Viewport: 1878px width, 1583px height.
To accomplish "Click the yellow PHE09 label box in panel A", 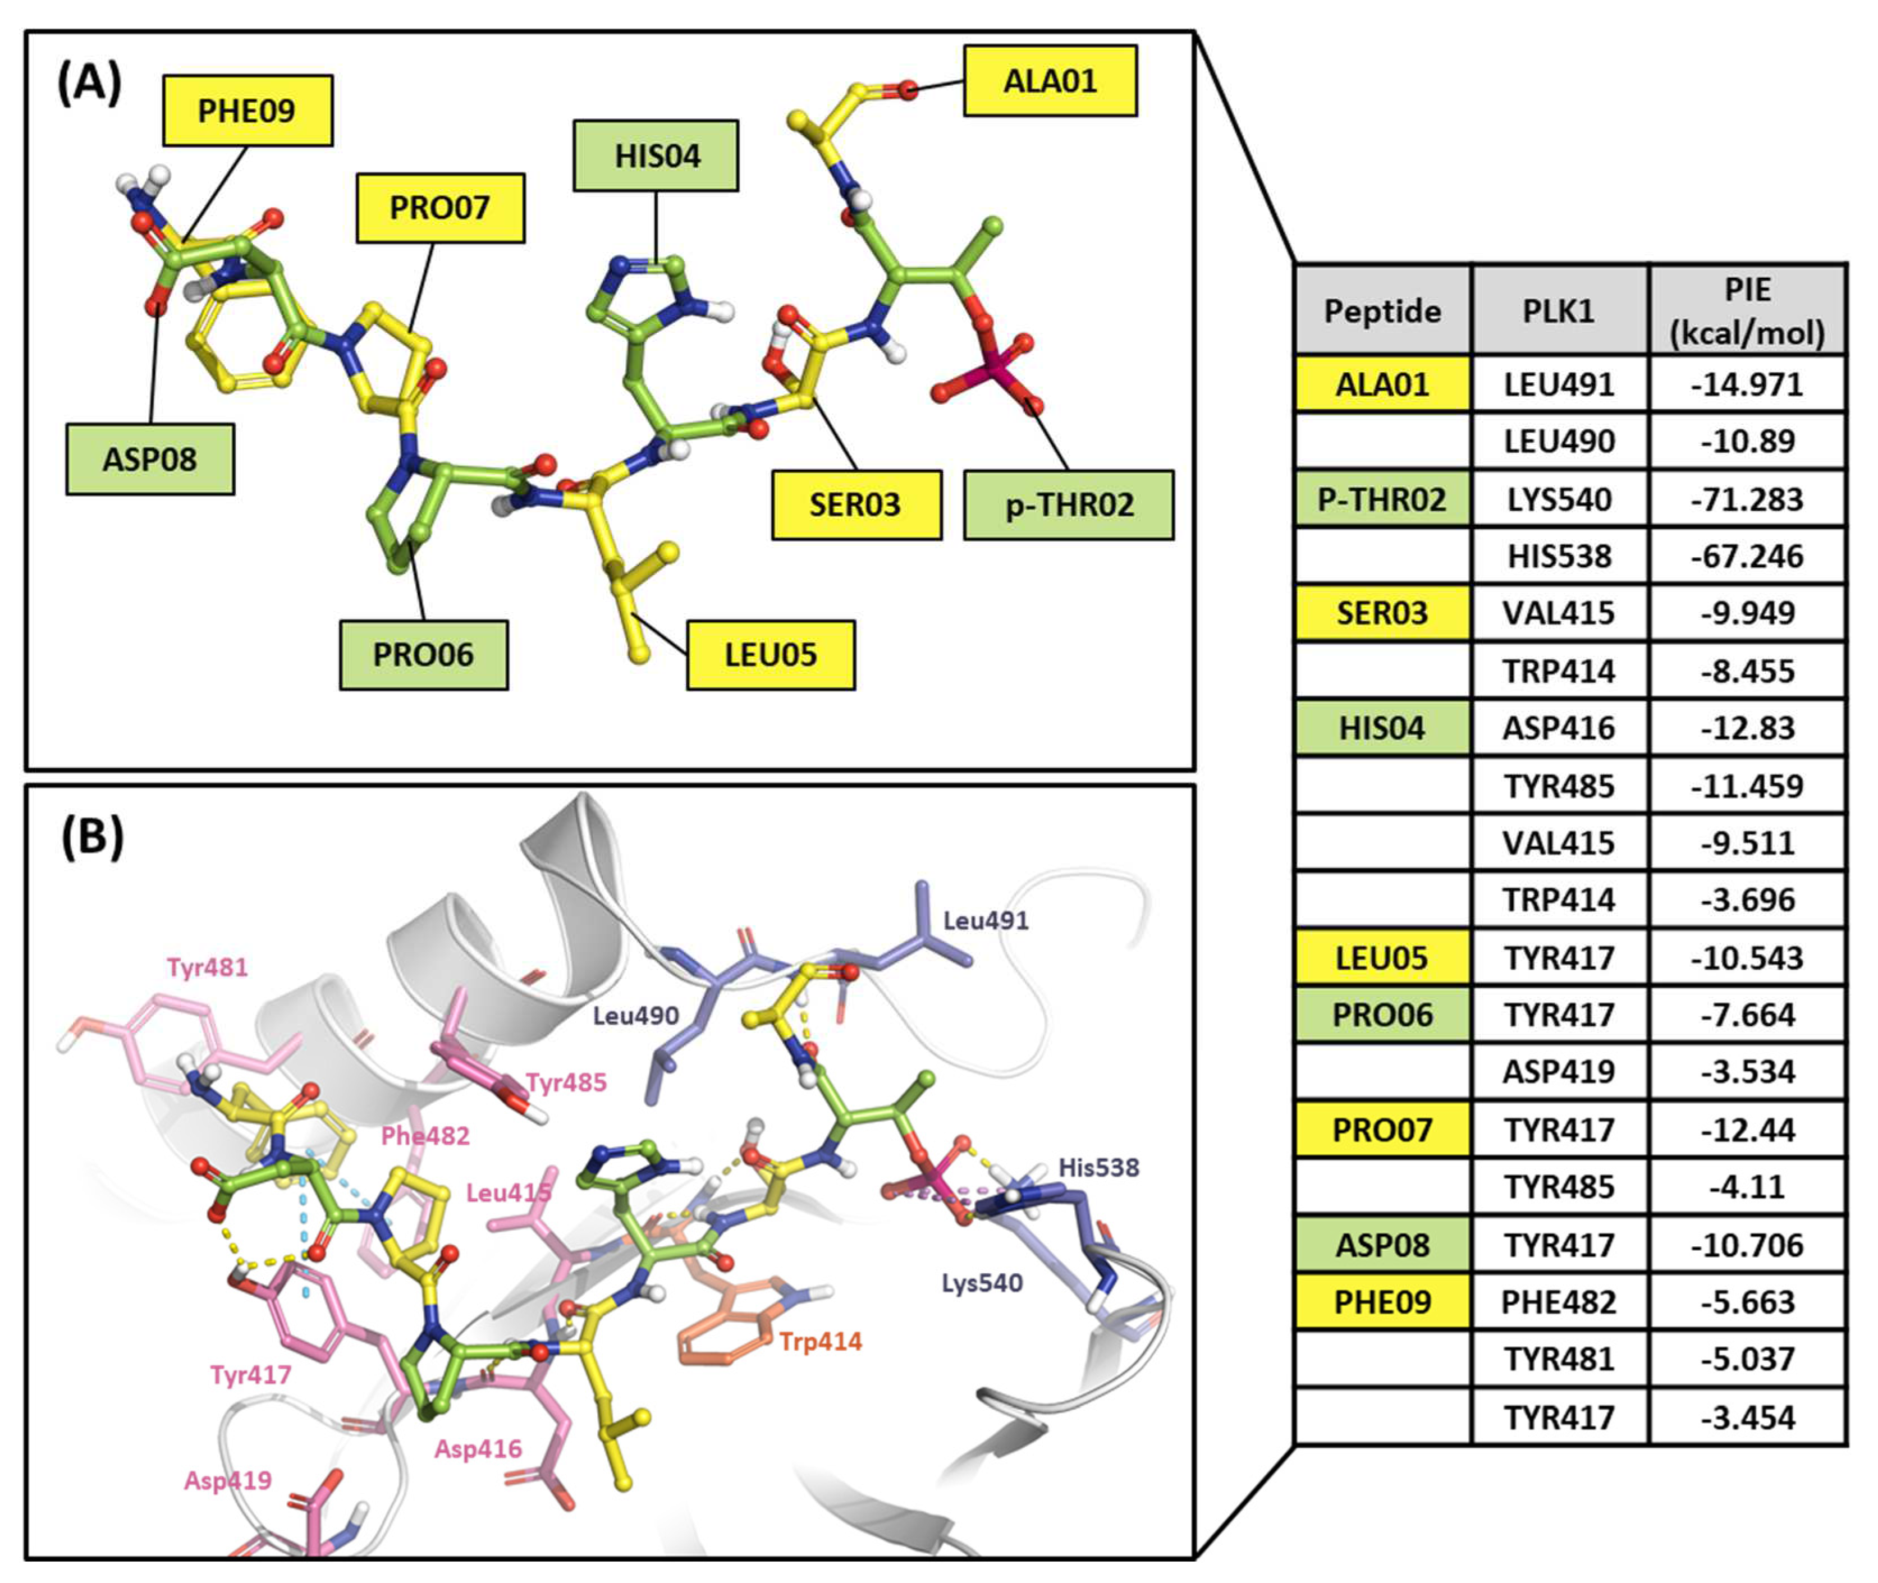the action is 247,111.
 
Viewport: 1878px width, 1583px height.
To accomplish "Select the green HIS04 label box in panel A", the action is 656,156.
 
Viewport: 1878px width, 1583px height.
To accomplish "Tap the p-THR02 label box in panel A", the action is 1068,505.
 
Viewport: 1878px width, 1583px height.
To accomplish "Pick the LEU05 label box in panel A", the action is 770,655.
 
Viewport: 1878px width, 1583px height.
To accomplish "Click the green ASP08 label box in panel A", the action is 150,460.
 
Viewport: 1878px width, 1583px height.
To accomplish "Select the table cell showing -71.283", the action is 1746,499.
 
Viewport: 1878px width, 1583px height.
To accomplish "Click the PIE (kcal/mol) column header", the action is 1746,310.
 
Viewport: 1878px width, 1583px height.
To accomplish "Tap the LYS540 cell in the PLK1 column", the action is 1559,499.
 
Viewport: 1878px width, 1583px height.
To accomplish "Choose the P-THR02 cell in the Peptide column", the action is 1382,499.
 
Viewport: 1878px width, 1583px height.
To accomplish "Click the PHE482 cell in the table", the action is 1559,1302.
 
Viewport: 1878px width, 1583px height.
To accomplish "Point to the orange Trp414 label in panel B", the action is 819,1342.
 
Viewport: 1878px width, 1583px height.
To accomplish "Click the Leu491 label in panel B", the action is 985,921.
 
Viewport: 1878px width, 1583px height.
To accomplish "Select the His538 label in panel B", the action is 1098,1168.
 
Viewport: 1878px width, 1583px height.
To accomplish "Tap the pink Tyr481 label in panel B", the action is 207,967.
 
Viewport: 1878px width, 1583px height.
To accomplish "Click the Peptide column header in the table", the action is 1382,310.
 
